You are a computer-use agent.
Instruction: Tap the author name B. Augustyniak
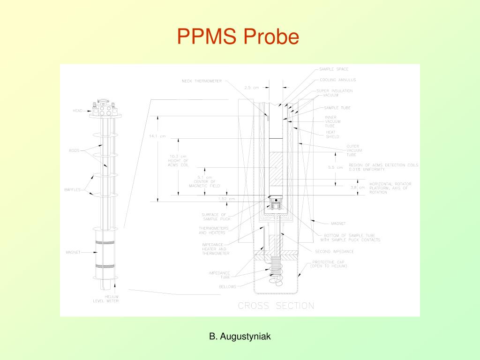click(x=240, y=336)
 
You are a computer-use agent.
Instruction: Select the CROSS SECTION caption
click(x=276, y=306)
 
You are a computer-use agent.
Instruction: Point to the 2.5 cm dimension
click(x=252, y=87)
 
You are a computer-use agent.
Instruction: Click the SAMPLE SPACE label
click(x=334, y=69)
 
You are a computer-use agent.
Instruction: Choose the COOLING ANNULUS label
click(x=338, y=80)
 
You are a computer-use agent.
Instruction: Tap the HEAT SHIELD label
click(x=332, y=134)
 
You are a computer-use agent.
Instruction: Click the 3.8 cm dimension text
click(x=358, y=187)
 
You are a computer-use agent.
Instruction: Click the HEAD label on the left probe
click(x=77, y=111)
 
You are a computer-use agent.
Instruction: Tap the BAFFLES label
click(x=73, y=189)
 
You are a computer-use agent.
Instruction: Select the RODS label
click(x=75, y=150)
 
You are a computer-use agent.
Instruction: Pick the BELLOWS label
click(x=227, y=286)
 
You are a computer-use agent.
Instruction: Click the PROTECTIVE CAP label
click(x=330, y=264)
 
